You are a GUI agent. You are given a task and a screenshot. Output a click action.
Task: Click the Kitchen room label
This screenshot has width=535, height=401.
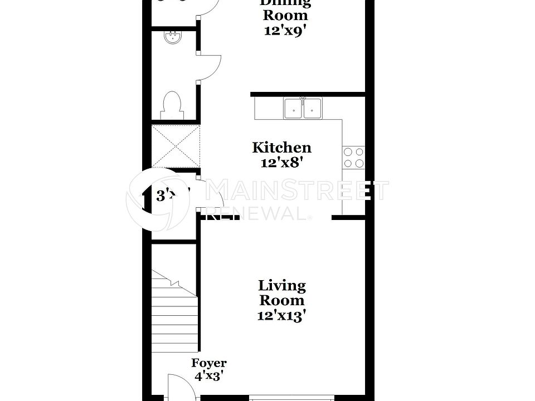pyautogui.click(x=281, y=148)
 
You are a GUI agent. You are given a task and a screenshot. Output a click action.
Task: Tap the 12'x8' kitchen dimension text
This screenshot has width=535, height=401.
pyautogui.click(x=281, y=163)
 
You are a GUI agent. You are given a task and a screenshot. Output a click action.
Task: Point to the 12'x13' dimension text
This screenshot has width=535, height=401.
pyautogui.click(x=282, y=316)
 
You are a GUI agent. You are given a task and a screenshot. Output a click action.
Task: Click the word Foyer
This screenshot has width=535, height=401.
pyautogui.click(x=209, y=363)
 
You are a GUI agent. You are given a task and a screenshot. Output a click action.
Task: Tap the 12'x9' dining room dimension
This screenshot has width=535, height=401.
pyautogui.click(x=285, y=30)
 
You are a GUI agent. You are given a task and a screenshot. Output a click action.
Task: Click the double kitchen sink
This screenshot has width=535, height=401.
pyautogui.click(x=303, y=109)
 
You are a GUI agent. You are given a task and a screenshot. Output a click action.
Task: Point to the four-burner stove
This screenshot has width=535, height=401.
pyautogui.click(x=353, y=157)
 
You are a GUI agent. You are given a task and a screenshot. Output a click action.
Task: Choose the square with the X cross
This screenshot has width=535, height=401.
pyautogui.click(x=176, y=146)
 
